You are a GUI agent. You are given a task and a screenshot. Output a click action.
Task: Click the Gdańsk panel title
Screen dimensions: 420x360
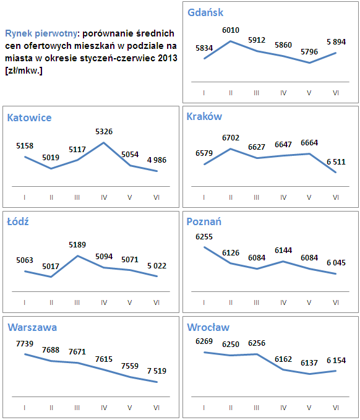tap(205, 12)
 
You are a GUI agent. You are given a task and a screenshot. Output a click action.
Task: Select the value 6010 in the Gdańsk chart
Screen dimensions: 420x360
tap(231, 30)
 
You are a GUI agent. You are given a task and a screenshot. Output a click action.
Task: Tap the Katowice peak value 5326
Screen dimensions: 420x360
tap(103, 131)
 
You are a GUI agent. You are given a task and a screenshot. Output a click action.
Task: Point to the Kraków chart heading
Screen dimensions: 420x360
tap(204, 116)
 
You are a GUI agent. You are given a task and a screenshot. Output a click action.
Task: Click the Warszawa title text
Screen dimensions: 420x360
tap(32, 327)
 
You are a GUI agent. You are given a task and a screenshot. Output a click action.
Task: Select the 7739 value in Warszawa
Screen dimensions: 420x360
tap(25, 343)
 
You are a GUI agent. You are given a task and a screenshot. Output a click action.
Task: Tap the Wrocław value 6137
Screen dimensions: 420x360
tap(309, 363)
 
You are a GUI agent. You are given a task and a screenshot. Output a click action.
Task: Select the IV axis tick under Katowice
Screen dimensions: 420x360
tap(103, 197)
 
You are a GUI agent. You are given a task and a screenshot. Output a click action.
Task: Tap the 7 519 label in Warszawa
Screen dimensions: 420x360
tap(156, 371)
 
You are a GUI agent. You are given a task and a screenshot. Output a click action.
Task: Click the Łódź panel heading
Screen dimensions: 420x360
tap(18, 222)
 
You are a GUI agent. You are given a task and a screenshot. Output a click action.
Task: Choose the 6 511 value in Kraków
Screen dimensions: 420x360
tap(336, 162)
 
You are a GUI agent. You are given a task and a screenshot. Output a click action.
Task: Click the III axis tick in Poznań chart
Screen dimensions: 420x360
tap(257, 302)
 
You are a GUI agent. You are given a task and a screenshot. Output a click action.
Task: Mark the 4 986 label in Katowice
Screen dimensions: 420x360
tap(156, 160)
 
